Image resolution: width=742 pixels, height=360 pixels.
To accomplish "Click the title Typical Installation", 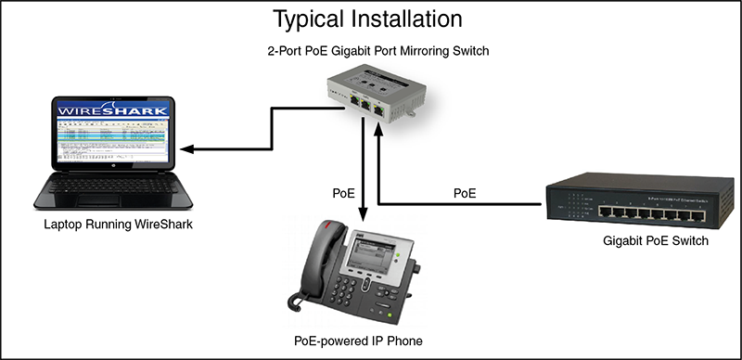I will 367,18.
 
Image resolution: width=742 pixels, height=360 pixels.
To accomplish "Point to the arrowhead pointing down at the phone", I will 362,212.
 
